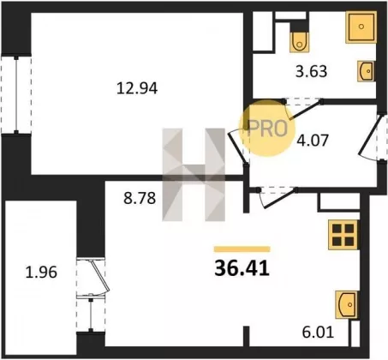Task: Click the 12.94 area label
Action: [x=137, y=88]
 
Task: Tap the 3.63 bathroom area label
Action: [x=311, y=71]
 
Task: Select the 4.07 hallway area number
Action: [x=313, y=141]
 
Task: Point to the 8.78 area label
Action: [x=140, y=198]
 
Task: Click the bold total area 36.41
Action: [x=242, y=269]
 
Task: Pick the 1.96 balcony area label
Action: [x=41, y=272]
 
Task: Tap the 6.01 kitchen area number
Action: [x=318, y=333]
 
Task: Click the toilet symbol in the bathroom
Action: [x=299, y=42]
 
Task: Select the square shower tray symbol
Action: [x=361, y=27]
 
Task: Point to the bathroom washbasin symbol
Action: [x=367, y=71]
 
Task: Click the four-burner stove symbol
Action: [x=343, y=234]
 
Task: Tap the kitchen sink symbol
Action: [x=347, y=304]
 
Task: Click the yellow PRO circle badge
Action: [x=266, y=128]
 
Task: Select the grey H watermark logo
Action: [x=194, y=175]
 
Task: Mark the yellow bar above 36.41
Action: [x=242, y=249]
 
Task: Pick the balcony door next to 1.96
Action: [x=99, y=276]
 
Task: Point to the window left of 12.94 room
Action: [x=16, y=94]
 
